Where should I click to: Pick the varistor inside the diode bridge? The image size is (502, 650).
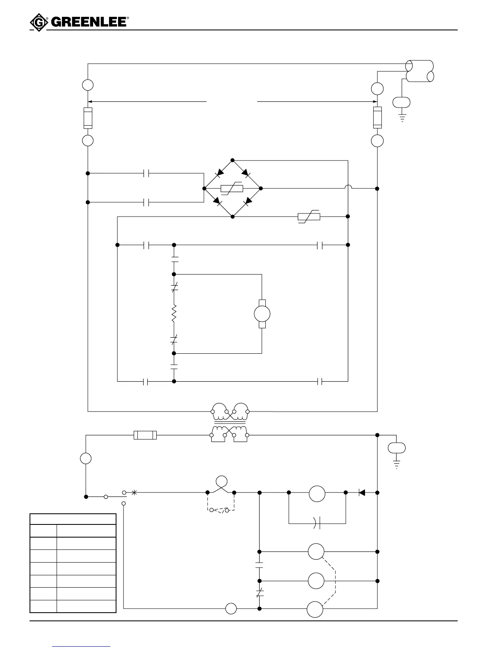click(x=232, y=189)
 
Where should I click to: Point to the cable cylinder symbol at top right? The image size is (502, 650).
click(x=419, y=71)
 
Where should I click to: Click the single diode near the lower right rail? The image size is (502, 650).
click(x=362, y=492)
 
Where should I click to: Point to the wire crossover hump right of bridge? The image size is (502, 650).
click(x=348, y=188)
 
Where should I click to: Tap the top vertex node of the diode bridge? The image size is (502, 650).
click(x=233, y=160)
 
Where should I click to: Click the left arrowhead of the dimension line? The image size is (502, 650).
click(x=91, y=101)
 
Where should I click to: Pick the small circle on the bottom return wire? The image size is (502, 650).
click(x=231, y=609)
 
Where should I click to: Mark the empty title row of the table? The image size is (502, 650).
click(x=73, y=519)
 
